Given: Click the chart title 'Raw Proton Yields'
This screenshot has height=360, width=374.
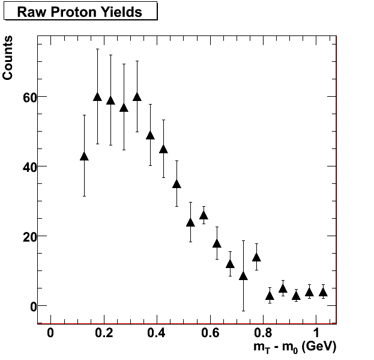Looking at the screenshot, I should coord(79,11).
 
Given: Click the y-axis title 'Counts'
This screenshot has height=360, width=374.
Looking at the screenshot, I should coord(8,58).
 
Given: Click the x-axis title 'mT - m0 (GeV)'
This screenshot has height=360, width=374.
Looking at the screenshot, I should coord(295,347).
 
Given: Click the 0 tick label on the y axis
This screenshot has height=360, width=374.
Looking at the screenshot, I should coord(26,306).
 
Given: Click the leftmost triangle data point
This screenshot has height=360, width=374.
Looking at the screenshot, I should coord(84,156).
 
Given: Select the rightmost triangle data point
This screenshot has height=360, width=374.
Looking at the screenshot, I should coord(323,292).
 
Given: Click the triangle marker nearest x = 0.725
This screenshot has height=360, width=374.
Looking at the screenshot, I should coord(243,276).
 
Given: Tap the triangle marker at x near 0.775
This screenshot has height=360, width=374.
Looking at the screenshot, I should coord(256,257).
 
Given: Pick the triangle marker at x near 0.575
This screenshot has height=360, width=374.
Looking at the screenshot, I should coord(204,215).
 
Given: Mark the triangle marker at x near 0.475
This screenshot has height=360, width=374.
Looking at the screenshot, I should coord(176,184).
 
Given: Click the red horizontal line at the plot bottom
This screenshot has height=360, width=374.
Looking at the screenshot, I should coord(187,323).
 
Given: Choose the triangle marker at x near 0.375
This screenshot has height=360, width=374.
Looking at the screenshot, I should coord(150,135).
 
